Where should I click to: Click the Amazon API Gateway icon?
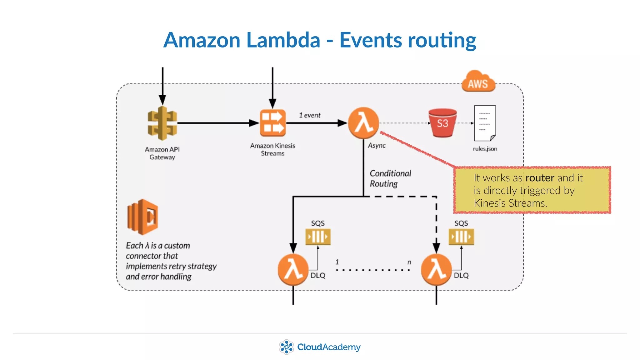click(x=162, y=123)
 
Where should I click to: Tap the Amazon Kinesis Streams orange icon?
click(x=272, y=123)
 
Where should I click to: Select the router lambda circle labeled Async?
click(x=363, y=123)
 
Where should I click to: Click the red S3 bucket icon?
click(x=442, y=123)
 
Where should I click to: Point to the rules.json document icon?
click(x=485, y=123)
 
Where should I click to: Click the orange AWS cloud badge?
click(x=478, y=82)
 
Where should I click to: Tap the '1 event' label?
click(x=309, y=115)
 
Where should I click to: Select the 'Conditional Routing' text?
click(x=390, y=178)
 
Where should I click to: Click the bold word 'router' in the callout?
click(x=540, y=178)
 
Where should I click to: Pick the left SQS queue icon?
click(x=318, y=237)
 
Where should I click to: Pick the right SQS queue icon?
click(x=461, y=237)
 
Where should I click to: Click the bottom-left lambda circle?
click(x=293, y=269)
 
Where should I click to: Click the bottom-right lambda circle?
click(x=436, y=269)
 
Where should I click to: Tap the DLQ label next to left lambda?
click(x=318, y=275)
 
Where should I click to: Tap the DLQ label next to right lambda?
click(x=461, y=275)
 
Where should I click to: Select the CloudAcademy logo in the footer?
click(x=320, y=347)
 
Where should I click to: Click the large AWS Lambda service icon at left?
click(x=142, y=217)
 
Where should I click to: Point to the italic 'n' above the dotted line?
click(x=409, y=262)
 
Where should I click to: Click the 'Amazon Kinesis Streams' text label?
click(x=272, y=149)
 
